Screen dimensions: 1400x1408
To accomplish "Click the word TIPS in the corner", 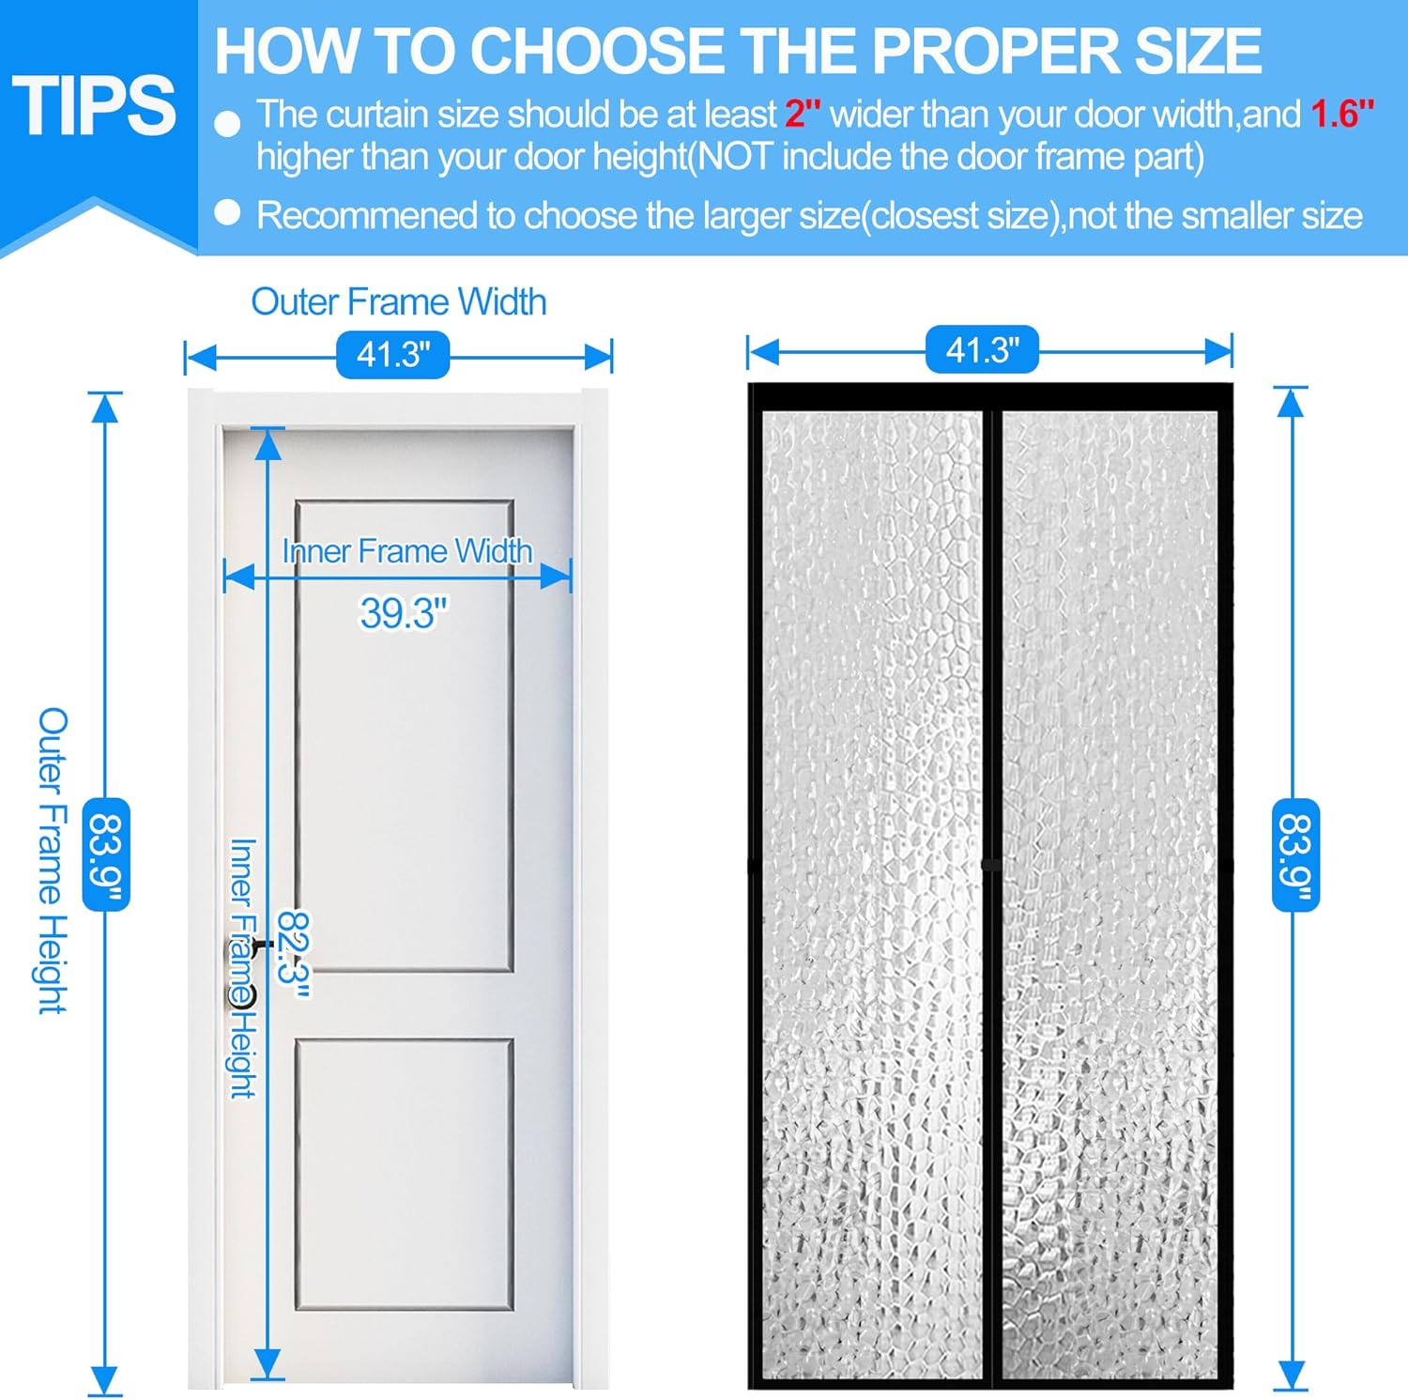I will tap(94, 105).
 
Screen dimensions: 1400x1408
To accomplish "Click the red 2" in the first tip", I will tap(803, 115).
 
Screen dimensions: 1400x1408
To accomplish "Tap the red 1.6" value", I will tap(1341, 115).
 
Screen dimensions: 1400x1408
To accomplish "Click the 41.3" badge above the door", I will tap(392, 355).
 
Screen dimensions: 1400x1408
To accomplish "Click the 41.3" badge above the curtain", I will tap(982, 350).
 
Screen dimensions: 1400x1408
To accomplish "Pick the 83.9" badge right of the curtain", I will tap(1295, 854).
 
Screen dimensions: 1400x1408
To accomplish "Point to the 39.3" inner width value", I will tap(404, 613).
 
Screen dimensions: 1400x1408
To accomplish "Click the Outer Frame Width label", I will tap(398, 302).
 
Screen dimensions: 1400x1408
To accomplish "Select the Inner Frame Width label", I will tap(407, 551).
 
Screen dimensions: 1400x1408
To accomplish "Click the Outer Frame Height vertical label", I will tap(54, 859).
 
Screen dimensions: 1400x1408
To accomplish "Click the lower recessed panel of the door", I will tap(404, 1174).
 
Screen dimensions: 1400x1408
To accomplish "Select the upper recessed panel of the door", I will tap(404, 751).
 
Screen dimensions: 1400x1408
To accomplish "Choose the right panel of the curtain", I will tap(1110, 892).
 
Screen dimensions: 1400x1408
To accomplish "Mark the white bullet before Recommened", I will tap(228, 213).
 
